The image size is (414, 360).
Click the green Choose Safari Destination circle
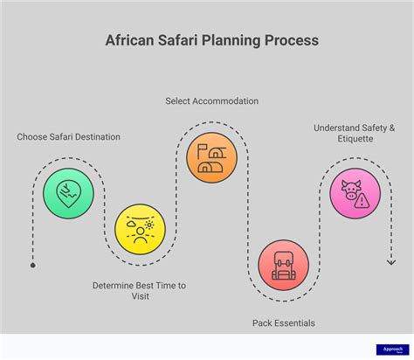(x=68, y=192)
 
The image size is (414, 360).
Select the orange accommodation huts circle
(x=211, y=157)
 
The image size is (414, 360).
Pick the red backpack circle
(x=284, y=265)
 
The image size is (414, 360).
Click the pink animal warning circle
(x=355, y=192)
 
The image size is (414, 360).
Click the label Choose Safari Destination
(x=68, y=137)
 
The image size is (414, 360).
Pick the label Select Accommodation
(x=211, y=101)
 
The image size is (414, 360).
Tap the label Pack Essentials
(x=284, y=323)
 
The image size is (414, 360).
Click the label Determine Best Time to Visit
(x=140, y=291)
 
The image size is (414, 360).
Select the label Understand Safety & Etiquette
(x=355, y=133)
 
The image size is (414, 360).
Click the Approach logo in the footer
(x=389, y=350)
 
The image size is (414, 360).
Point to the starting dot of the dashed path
(x=32, y=264)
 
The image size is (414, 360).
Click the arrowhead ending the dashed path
(x=391, y=260)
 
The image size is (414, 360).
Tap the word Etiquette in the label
(x=355, y=139)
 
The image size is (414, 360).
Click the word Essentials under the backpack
(x=295, y=323)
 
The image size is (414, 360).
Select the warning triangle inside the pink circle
(x=363, y=200)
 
